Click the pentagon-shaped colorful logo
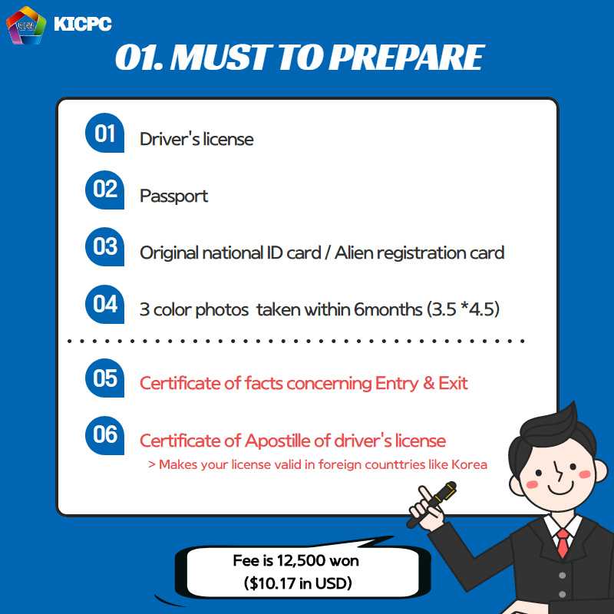(26, 25)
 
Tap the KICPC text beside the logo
(83, 24)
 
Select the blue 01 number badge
(104, 133)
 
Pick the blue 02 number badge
(104, 190)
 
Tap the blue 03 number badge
(104, 246)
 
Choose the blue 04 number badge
(104, 304)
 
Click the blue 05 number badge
(104, 378)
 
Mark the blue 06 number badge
(104, 435)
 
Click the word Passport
(174, 196)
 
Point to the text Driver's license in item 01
(196, 139)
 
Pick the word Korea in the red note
(469, 464)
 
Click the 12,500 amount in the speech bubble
(301, 561)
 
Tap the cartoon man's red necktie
(563, 543)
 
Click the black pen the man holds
(431, 504)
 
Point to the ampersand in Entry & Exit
(429, 383)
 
